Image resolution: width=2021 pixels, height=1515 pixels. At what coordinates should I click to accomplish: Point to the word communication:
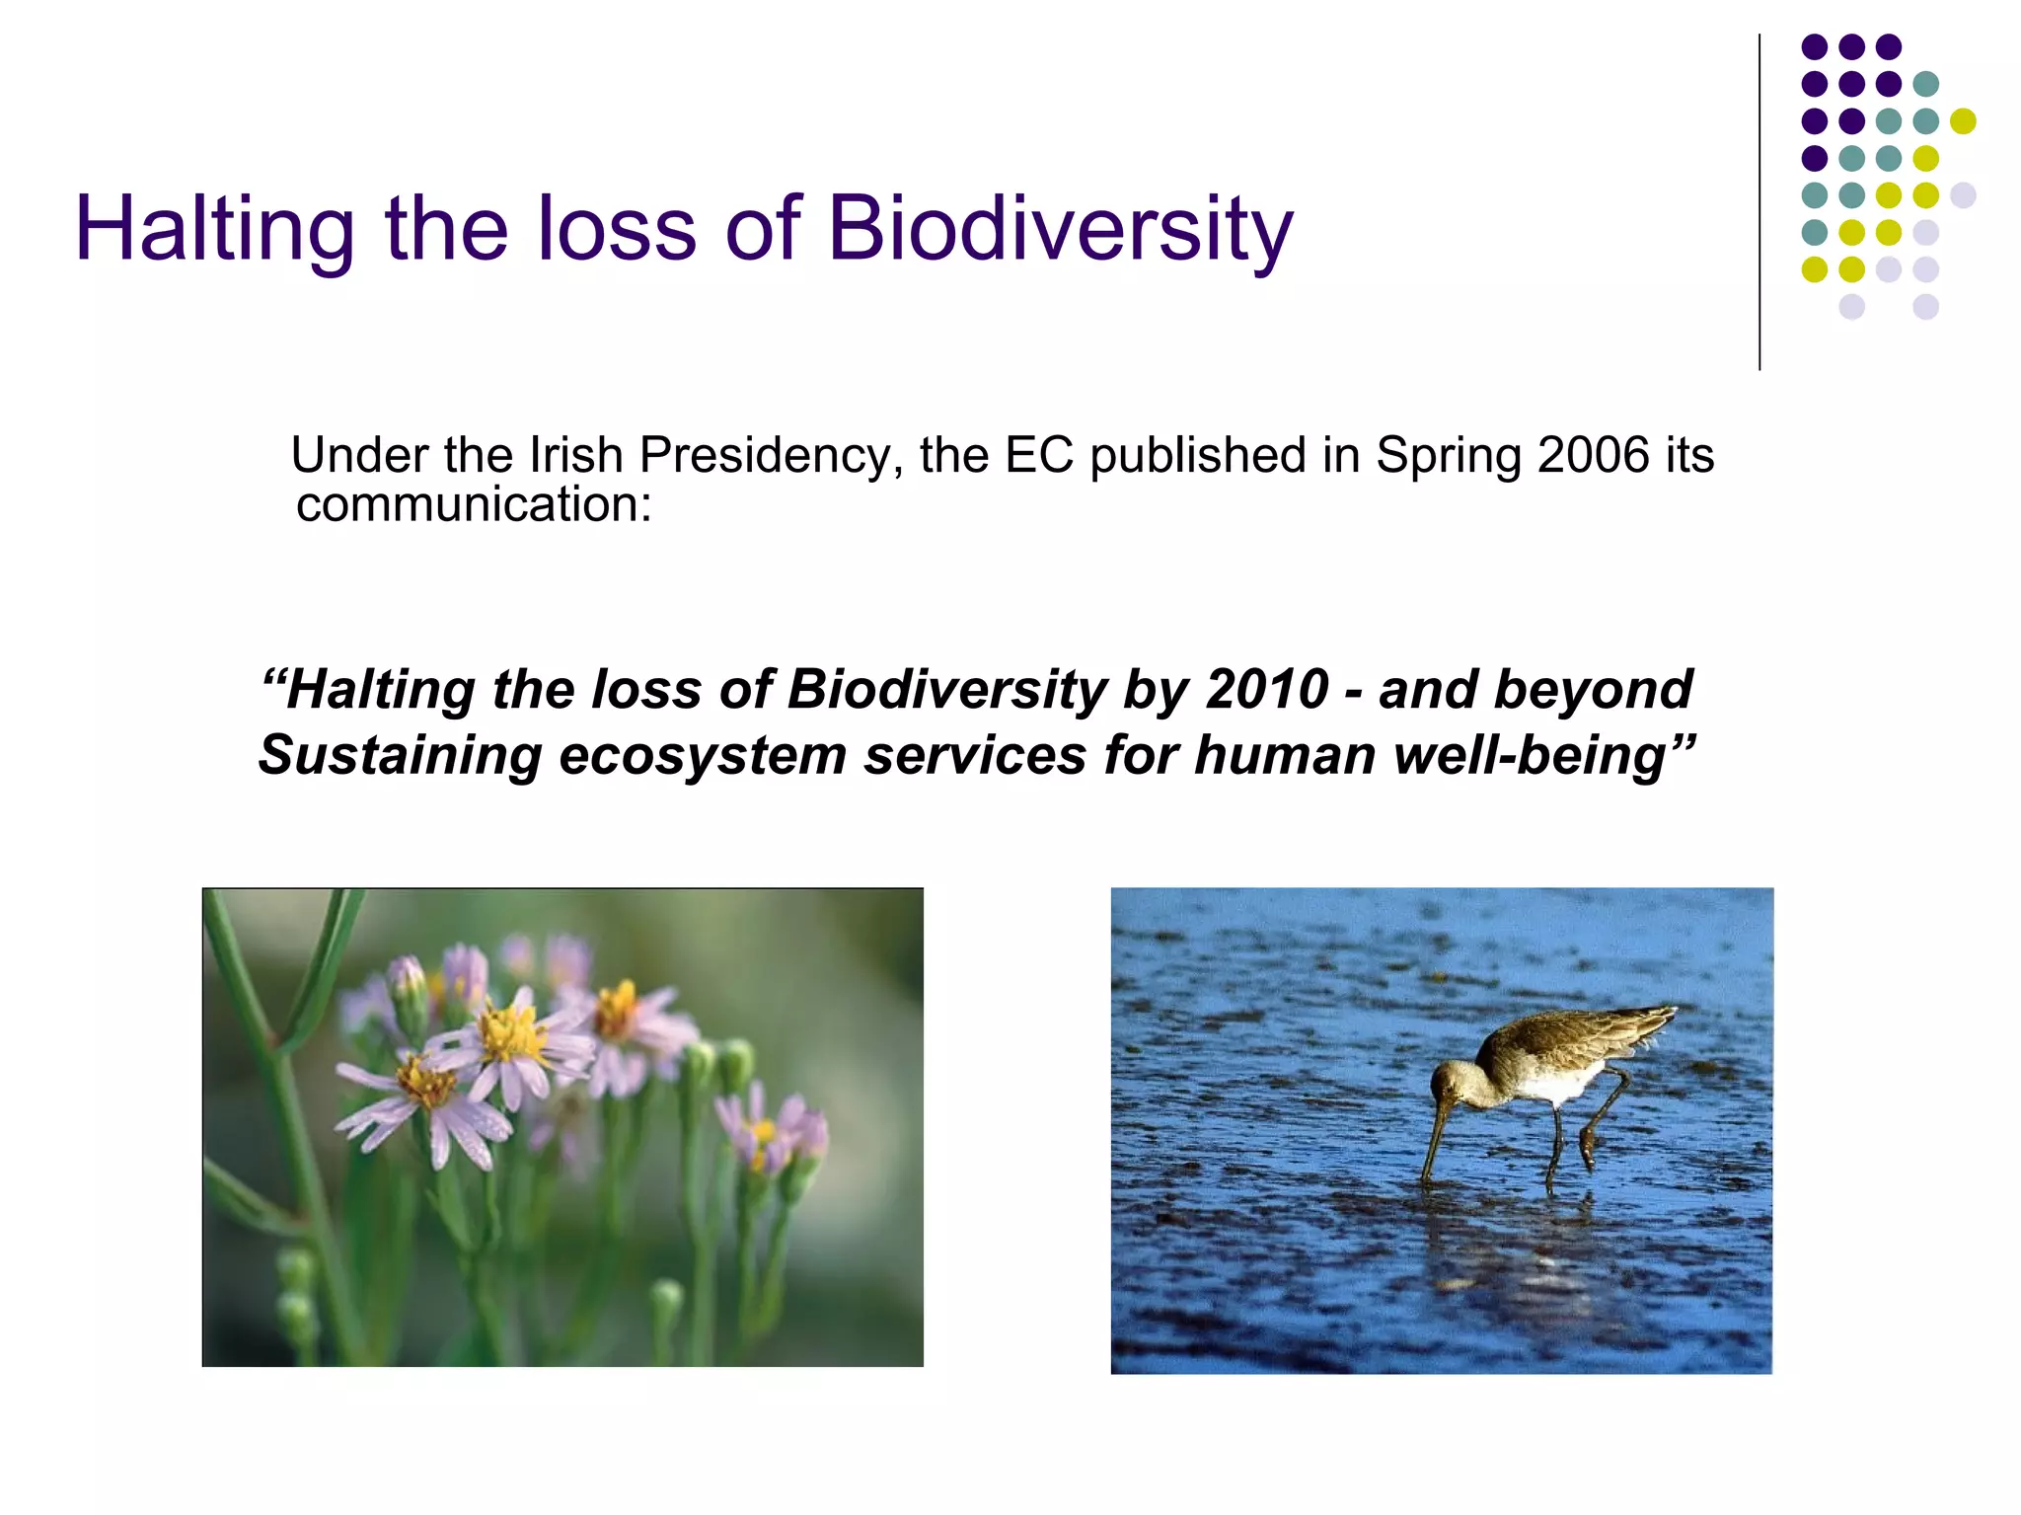(x=474, y=504)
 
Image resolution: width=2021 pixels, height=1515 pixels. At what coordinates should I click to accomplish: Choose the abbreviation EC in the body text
(x=1038, y=456)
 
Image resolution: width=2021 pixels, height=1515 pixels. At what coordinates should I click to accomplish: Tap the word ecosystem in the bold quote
(x=702, y=756)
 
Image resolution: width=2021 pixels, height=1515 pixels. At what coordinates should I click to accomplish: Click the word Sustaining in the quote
(x=400, y=756)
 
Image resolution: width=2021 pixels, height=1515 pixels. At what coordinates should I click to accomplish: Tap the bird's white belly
(x=1554, y=1086)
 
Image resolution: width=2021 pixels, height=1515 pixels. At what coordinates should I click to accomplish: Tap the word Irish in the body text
(x=575, y=455)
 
